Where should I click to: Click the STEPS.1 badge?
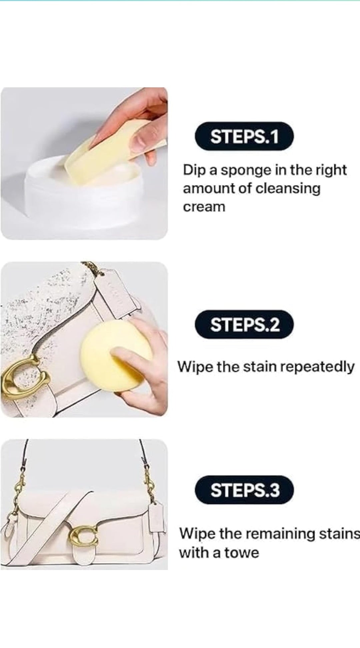click(244, 136)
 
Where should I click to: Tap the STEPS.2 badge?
click(244, 324)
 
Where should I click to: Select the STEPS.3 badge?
click(244, 490)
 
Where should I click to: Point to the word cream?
click(204, 207)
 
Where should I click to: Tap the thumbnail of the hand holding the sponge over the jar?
click(84, 163)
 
